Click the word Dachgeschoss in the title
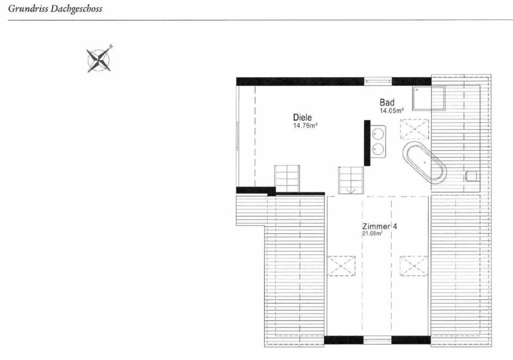click(x=76, y=9)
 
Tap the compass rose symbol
click(x=99, y=60)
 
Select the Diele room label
click(x=302, y=117)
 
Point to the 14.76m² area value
click(x=305, y=126)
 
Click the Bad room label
click(x=387, y=103)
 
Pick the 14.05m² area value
click(x=392, y=111)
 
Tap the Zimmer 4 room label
click(x=379, y=226)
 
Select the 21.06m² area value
click(x=372, y=234)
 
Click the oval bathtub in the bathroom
click(x=424, y=163)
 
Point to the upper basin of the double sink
click(x=377, y=134)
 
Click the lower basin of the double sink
click(x=377, y=148)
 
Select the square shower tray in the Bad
click(x=429, y=98)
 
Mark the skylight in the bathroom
click(x=414, y=129)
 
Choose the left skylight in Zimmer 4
click(x=341, y=266)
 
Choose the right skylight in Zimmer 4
click(x=414, y=266)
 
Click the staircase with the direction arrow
click(x=351, y=181)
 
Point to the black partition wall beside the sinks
click(x=367, y=143)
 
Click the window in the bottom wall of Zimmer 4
click(x=377, y=340)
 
